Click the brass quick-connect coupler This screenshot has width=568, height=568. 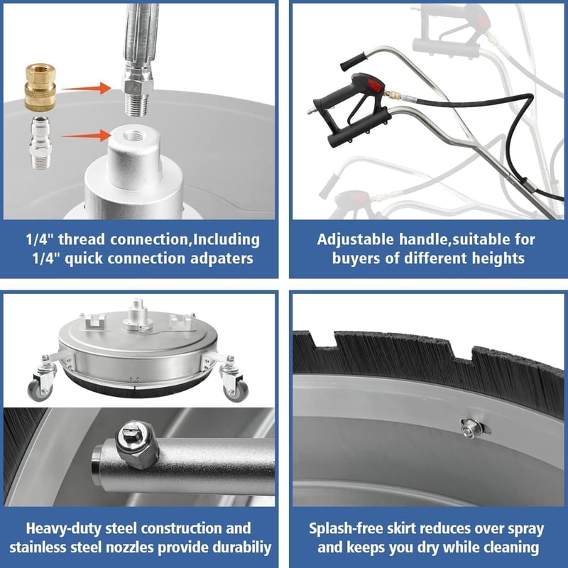[x=40, y=87]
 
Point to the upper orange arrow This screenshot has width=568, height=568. [x=87, y=88]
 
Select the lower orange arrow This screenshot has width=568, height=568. [x=87, y=136]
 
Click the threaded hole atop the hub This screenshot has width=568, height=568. [x=134, y=136]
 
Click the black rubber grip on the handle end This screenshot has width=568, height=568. [x=354, y=62]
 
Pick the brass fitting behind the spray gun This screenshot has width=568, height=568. [x=393, y=96]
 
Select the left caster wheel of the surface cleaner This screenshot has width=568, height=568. [x=40, y=389]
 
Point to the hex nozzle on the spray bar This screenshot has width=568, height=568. [x=136, y=444]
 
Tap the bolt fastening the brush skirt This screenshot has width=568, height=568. [x=470, y=428]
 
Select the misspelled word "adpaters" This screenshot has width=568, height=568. [x=222, y=259]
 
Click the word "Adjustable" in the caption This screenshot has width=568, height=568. [x=356, y=240]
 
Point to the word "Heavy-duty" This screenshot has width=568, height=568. [x=64, y=528]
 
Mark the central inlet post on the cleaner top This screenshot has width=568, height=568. [x=137, y=314]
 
